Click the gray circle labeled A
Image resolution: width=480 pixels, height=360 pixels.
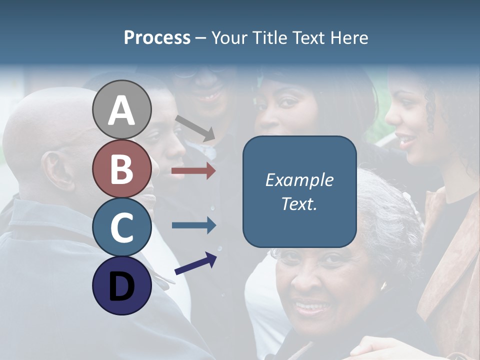click(122, 109)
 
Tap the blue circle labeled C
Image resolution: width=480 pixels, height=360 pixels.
click(122, 227)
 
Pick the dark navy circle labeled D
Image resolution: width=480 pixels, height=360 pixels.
click(122, 285)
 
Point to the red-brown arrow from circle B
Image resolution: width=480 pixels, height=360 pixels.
click(193, 171)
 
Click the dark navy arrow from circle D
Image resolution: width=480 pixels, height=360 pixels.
click(195, 263)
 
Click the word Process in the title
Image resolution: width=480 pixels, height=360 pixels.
click(157, 37)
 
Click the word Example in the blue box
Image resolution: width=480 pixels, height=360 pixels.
click(299, 180)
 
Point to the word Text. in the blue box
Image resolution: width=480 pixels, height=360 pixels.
click(299, 203)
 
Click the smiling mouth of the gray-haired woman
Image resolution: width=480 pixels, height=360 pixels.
click(311, 306)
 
